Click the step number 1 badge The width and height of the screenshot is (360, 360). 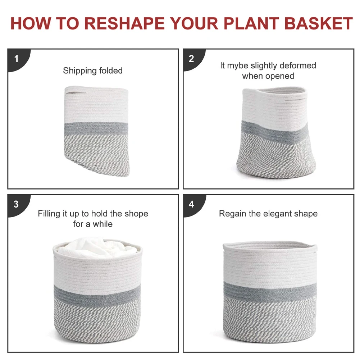coord(16,59)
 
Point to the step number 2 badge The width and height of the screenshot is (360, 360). coord(191,59)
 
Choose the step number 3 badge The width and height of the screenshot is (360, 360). coord(16,204)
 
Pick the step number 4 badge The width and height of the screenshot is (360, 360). coord(191,204)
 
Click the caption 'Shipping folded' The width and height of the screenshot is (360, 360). coord(93,70)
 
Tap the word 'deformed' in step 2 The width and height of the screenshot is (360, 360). coord(297,66)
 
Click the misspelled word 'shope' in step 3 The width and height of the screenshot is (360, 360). coord(136,214)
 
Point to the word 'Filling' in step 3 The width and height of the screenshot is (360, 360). coord(49,214)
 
